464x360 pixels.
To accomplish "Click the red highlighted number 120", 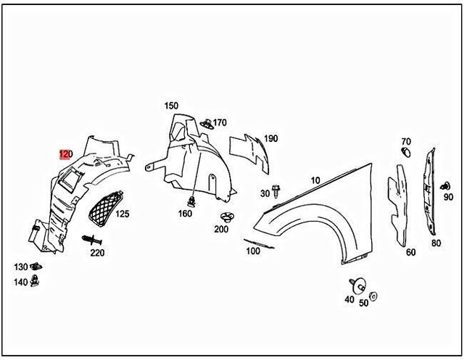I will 65,154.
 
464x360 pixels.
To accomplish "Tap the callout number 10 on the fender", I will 315,180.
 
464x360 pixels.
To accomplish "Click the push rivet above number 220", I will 91,239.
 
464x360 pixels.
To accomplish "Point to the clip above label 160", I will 192,200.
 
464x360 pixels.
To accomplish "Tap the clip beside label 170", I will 206,122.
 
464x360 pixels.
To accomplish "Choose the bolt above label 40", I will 355,285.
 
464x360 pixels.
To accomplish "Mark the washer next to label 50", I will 373,296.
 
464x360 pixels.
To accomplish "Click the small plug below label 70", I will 406,153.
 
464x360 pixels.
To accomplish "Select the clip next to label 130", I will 37,267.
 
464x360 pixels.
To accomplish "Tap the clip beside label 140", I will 36,281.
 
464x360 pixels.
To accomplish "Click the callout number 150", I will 171,106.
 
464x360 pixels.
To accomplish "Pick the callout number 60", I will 410,252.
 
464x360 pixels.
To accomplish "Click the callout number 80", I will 436,243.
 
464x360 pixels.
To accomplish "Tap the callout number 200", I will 221,229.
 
